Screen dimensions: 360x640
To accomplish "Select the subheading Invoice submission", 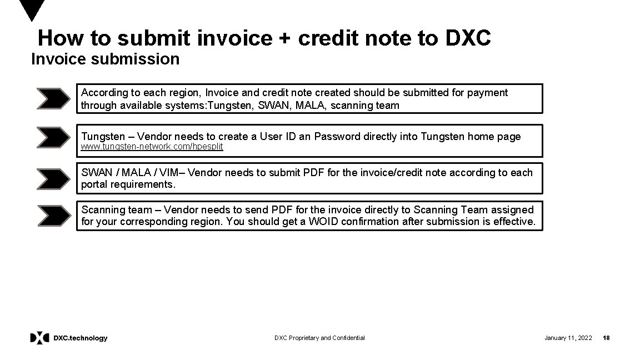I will point(106,59).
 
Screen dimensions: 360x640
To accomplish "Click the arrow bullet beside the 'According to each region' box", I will point(53,99).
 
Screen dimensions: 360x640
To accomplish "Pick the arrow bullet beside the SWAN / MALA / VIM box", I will point(53,178).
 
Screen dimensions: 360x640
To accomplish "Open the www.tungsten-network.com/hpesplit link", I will point(152,147).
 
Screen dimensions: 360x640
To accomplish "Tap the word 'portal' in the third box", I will point(95,184).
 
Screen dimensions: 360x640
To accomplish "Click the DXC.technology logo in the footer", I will point(69,338).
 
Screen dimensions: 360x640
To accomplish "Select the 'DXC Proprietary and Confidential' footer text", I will point(319,338).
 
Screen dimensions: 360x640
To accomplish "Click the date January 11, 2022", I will point(568,338).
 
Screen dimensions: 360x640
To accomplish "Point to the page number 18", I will point(606,338).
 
